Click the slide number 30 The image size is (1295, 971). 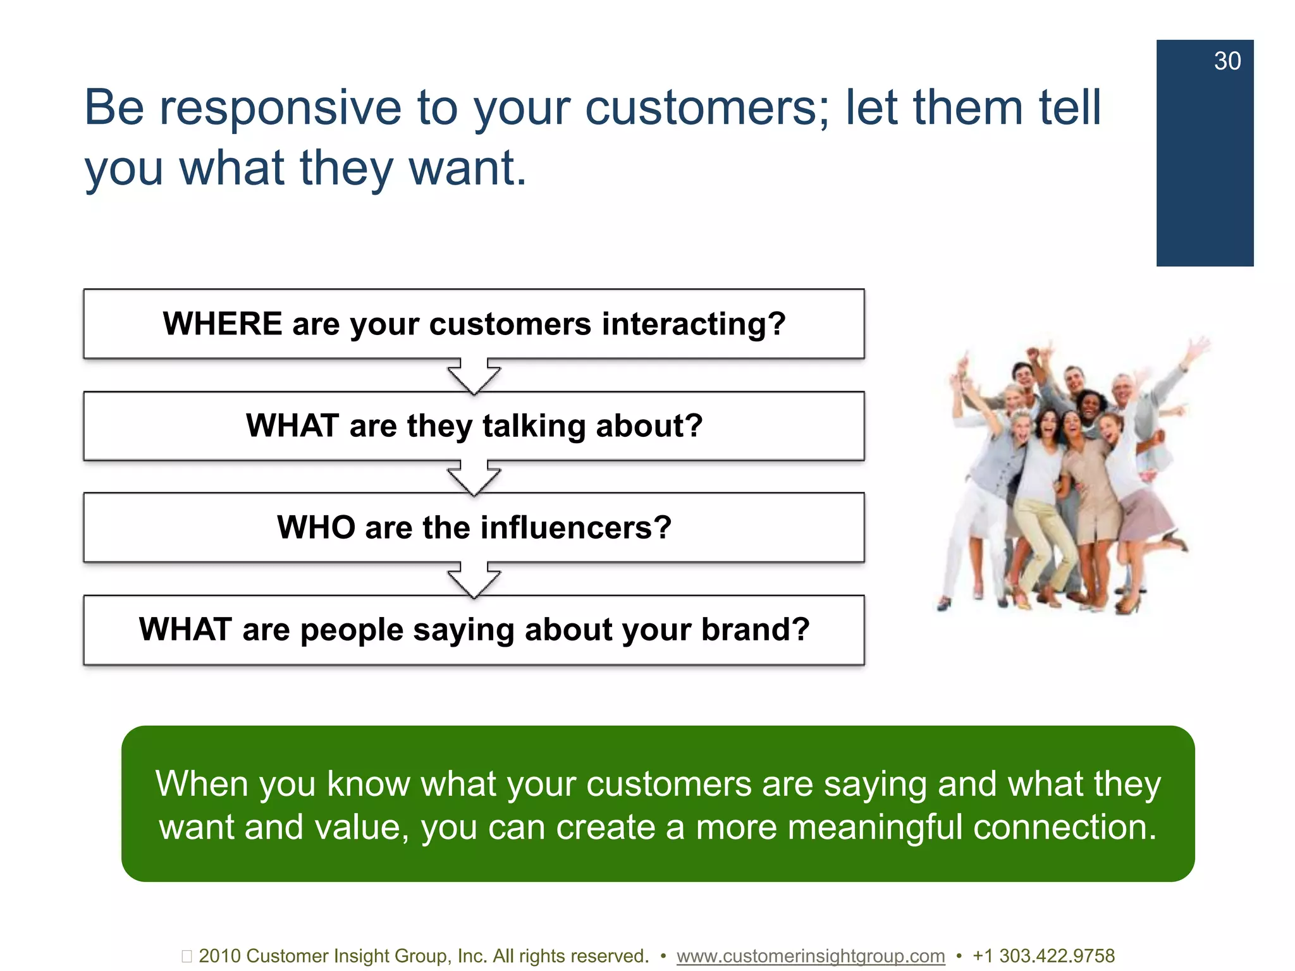(1227, 61)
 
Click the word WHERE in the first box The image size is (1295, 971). (223, 324)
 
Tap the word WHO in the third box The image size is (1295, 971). (316, 527)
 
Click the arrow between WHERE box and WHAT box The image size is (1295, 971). (474, 376)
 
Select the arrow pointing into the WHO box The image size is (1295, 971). (474, 478)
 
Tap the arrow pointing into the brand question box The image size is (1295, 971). (474, 580)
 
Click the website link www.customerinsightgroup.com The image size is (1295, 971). (810, 956)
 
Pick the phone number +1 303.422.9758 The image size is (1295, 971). (1043, 956)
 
